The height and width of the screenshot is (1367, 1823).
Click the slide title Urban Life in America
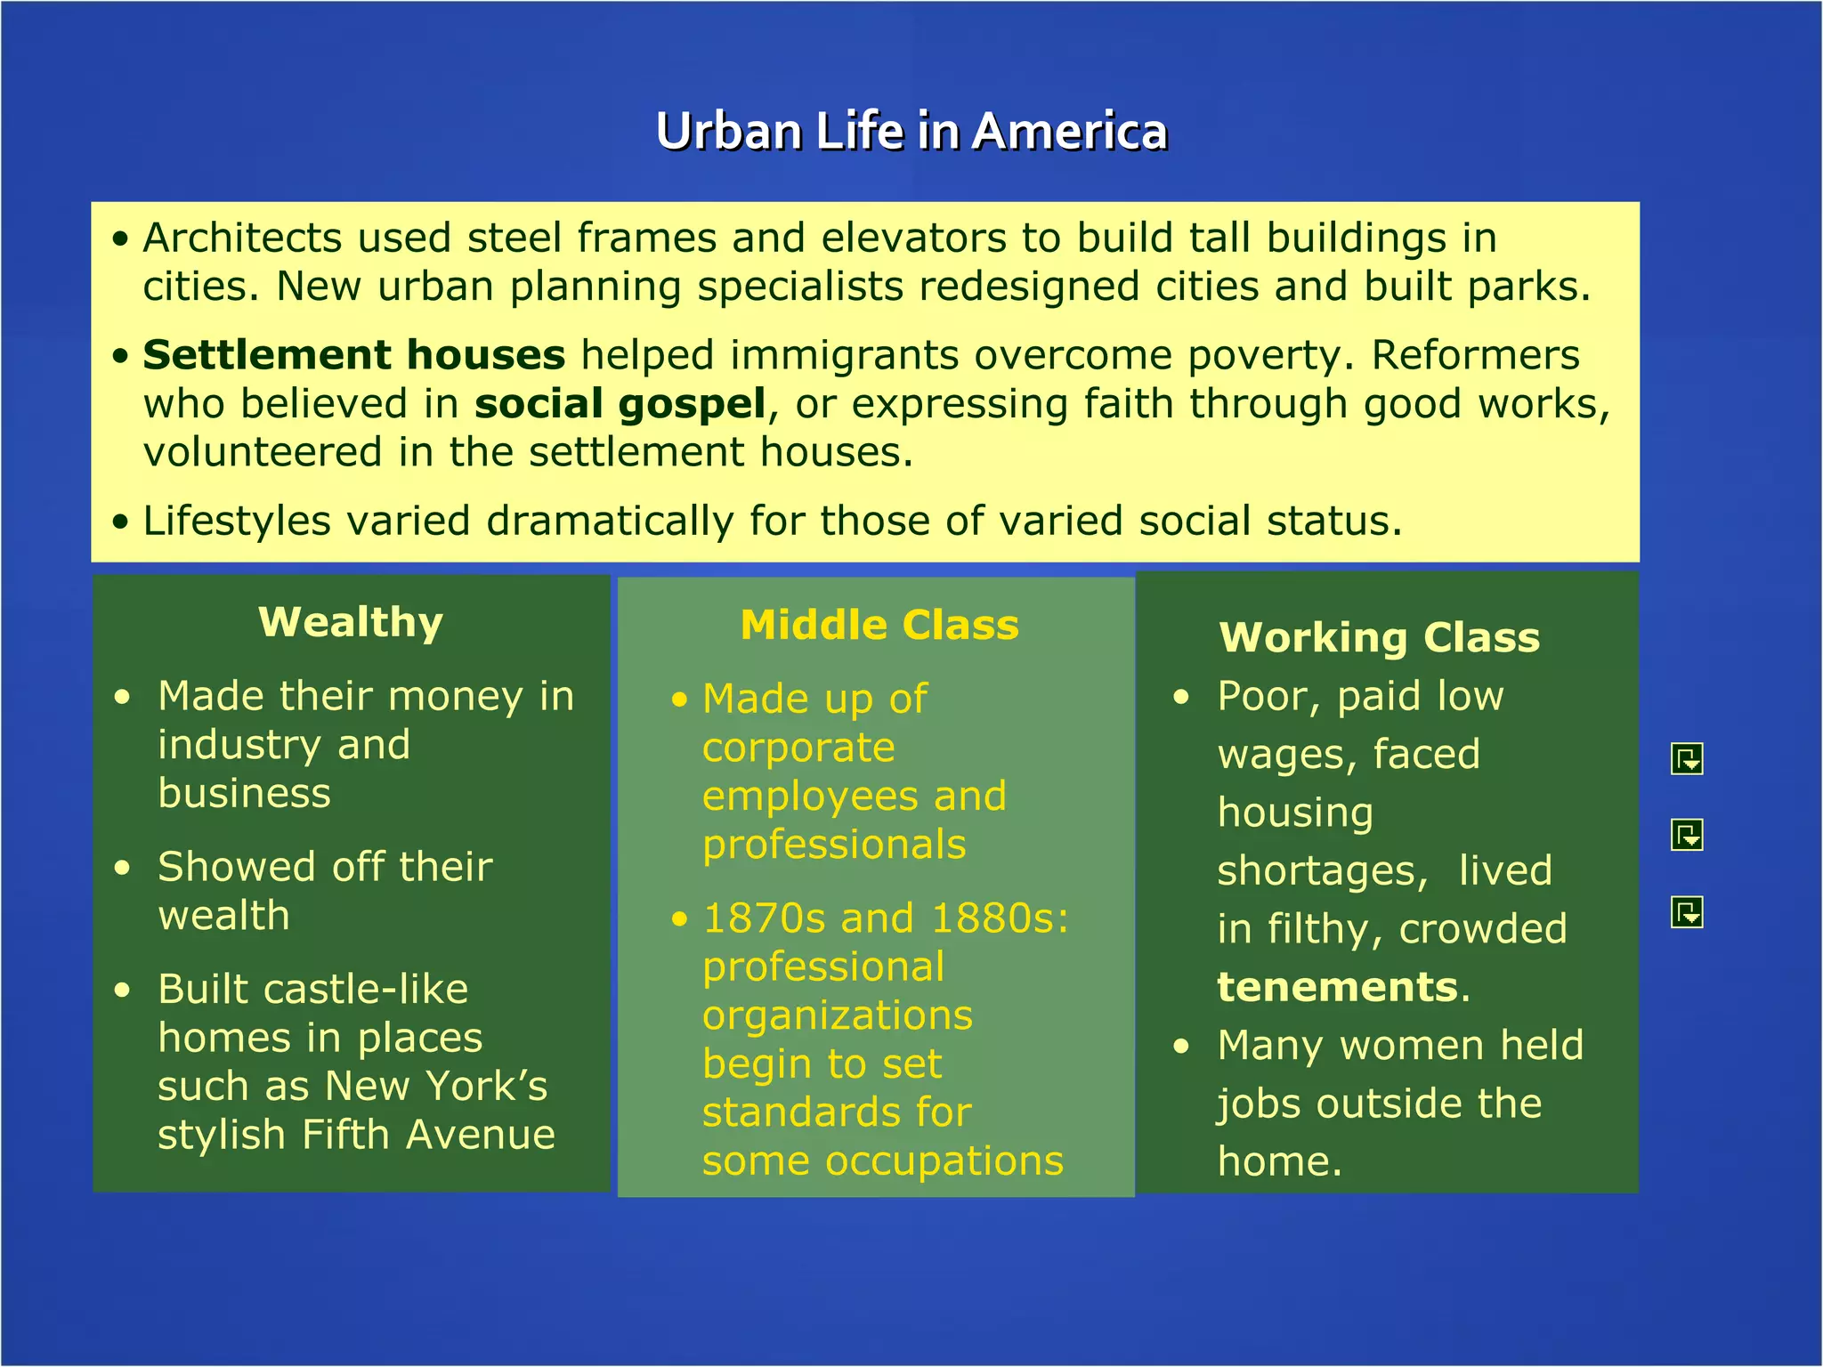(911, 132)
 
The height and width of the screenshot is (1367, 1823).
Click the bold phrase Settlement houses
(354, 355)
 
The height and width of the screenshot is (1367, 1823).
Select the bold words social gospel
(620, 404)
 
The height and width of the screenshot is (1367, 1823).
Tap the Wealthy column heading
(351, 622)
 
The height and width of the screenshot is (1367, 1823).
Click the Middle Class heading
(879, 625)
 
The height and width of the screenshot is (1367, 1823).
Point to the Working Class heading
(1379, 638)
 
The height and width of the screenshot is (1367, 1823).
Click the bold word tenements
(1337, 988)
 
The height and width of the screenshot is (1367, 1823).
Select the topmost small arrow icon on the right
(1687, 759)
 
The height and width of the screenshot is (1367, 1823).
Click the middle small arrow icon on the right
(1687, 835)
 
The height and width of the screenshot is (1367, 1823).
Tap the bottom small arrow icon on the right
(1687, 912)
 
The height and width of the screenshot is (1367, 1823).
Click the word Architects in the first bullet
(242, 239)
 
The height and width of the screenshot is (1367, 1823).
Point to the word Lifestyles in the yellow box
(237, 522)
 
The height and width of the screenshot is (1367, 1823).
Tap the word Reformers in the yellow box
(1475, 355)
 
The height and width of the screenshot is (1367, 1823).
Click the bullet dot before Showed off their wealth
(123, 868)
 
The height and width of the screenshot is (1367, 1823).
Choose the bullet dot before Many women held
(1181, 1047)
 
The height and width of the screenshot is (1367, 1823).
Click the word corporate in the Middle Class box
(798, 748)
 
